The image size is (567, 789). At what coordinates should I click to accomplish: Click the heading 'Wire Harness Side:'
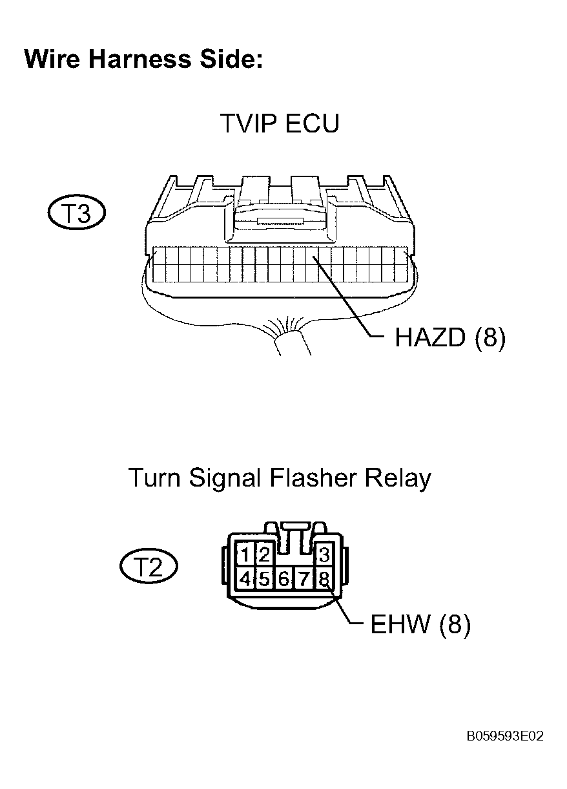point(143,59)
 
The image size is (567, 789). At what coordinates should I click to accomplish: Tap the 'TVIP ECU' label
point(280,123)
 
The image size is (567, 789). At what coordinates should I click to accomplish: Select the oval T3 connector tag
point(77,213)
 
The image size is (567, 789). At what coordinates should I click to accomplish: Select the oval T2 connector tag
point(149,567)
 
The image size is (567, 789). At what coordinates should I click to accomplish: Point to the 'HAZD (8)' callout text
point(450,337)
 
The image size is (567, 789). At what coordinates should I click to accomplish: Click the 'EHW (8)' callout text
point(420,624)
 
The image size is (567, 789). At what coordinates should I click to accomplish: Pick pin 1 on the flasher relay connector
point(245,555)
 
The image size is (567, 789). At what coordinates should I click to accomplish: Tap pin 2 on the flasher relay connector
point(264,555)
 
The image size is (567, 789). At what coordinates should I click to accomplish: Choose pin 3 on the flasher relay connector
point(324,555)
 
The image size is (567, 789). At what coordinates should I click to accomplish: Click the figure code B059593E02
point(505,736)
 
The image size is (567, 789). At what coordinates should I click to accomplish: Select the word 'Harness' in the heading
point(139,59)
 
